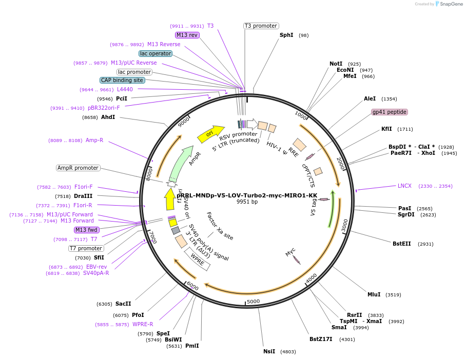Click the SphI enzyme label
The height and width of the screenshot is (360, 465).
coord(286,35)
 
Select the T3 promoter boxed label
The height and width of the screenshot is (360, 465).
coord(261,26)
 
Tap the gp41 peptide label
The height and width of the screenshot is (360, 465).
coord(390,112)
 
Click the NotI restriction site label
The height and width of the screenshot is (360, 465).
coord(336,64)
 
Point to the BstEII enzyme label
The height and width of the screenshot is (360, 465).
coord(402,244)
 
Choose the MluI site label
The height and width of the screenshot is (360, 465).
coord(374,294)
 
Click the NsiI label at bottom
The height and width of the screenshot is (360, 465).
coord(269,351)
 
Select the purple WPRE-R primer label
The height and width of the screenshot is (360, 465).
coord(143,324)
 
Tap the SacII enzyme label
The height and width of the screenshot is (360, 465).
coord(123,304)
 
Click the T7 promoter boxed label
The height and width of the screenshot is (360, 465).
coord(86,248)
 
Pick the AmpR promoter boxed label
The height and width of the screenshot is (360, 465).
coord(78,168)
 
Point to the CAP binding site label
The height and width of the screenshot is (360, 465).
coord(122,80)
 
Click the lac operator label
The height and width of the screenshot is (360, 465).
coord(156,53)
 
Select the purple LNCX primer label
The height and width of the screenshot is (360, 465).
coord(404,186)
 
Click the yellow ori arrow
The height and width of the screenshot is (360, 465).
coord(210,134)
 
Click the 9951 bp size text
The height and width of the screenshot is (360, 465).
coord(247,202)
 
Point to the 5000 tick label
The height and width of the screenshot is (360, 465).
coord(254,302)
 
